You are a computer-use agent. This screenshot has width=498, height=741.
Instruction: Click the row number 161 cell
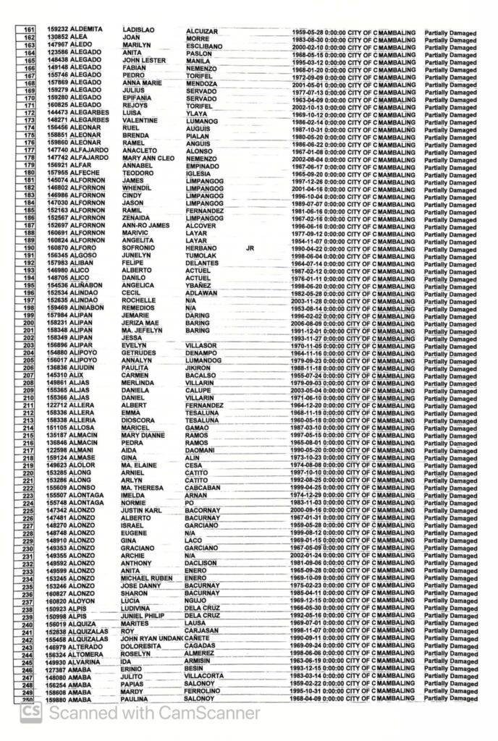pyautogui.click(x=30, y=29)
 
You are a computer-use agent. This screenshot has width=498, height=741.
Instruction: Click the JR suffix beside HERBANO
pyautogui.click(x=250, y=247)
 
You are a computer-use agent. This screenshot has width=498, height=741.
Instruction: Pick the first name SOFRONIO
pyautogui.click(x=140, y=247)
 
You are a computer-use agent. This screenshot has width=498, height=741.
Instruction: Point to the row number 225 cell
pyautogui.click(x=30, y=511)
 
